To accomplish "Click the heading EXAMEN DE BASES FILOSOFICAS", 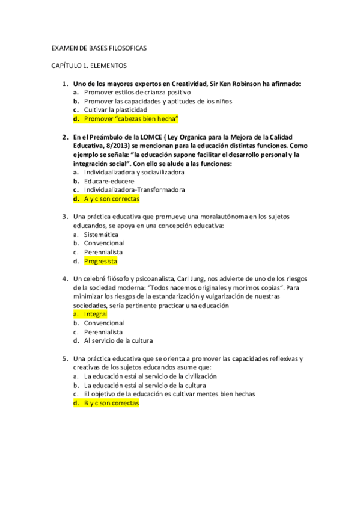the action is click(x=99, y=48).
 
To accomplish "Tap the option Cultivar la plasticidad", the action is click(x=115, y=110).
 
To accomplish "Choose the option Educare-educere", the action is click(x=109, y=181).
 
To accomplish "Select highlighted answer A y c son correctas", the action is click(x=111, y=198).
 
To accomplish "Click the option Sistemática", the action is click(x=101, y=235).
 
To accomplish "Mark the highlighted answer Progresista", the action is click(x=100, y=262).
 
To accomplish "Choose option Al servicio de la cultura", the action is click(x=118, y=340).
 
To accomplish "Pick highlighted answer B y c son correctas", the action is click(x=111, y=403).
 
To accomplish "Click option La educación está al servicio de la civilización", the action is click(x=150, y=376).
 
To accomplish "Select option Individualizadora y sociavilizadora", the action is click(x=134, y=172).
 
